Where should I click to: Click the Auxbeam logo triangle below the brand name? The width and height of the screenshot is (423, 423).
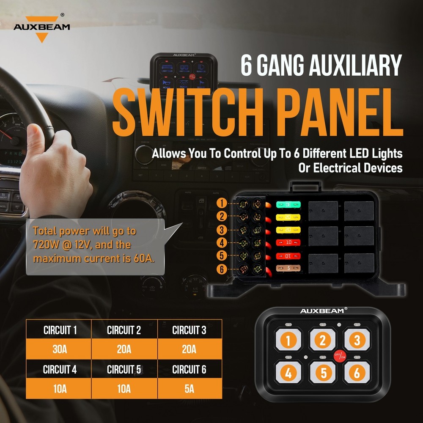point(41,37)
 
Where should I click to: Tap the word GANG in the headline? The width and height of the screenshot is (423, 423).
point(288,66)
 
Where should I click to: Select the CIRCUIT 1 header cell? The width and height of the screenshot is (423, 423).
point(60,330)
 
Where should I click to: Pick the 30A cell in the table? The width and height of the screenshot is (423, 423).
point(60,350)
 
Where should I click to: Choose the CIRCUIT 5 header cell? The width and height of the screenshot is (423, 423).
point(124,369)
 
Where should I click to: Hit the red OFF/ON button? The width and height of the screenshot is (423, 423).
point(340,356)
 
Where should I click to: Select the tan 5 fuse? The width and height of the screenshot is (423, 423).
point(288,268)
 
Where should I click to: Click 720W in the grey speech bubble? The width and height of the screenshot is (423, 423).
point(44,244)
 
